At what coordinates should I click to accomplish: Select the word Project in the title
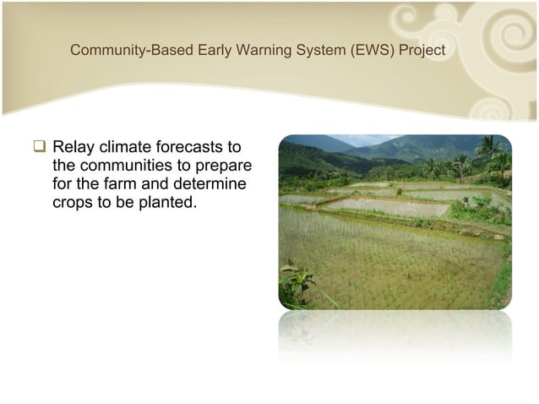(418, 51)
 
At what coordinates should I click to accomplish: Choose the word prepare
(226, 167)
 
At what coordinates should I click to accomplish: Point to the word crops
(73, 200)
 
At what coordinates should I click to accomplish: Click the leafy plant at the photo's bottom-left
(296, 284)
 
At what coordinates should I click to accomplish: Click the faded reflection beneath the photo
(395, 334)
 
